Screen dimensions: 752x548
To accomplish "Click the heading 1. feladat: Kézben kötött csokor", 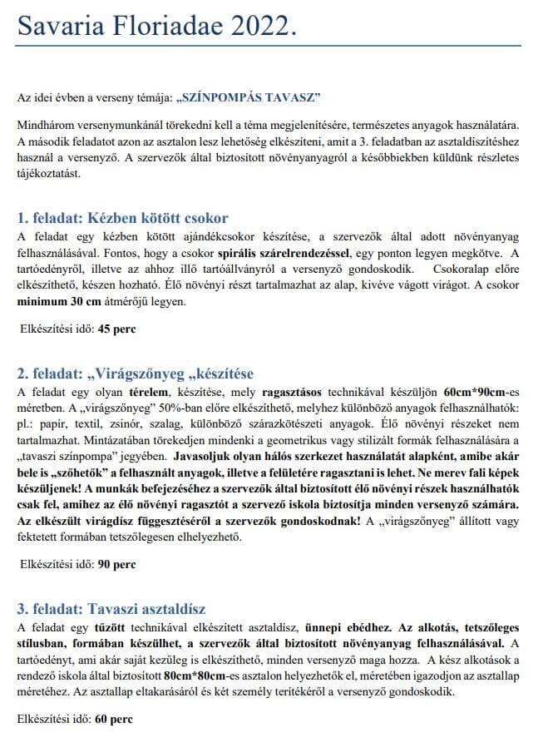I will pos(122,219).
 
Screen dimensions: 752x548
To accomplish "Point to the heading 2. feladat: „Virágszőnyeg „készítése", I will pos(135,372).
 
